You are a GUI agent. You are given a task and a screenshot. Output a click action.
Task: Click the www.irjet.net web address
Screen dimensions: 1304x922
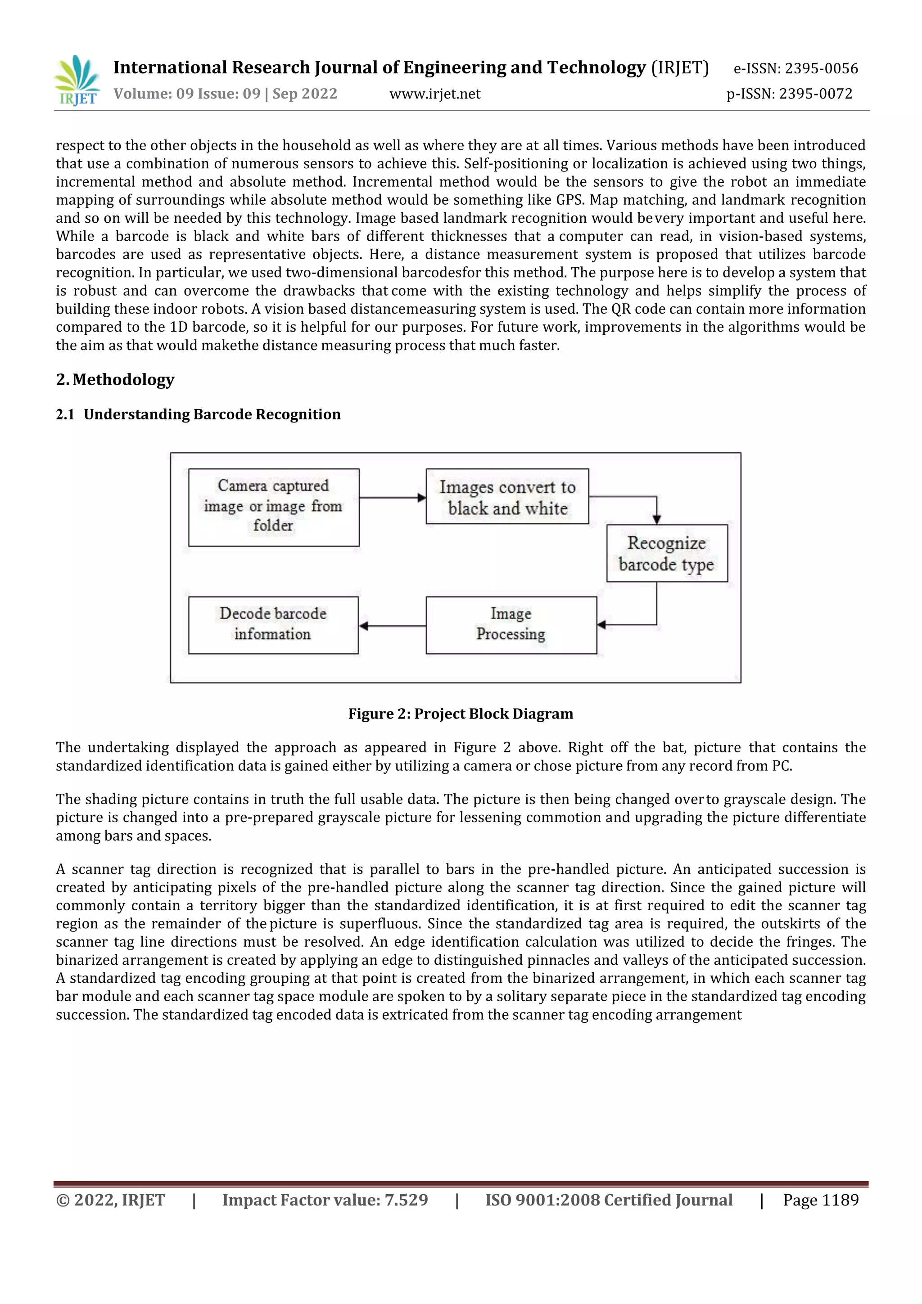coord(434,94)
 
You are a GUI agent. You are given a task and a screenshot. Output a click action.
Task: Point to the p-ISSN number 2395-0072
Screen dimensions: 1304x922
coord(816,94)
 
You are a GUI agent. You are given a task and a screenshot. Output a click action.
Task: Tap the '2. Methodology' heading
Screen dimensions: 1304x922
coord(115,379)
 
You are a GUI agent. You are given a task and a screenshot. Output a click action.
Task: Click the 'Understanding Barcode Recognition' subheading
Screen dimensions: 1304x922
coord(212,414)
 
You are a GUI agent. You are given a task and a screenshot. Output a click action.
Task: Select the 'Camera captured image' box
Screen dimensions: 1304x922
coord(274,507)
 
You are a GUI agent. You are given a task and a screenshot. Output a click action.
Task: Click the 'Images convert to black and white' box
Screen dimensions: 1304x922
coord(507,496)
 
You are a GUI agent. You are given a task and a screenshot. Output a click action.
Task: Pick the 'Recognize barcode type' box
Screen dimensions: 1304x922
coord(666,553)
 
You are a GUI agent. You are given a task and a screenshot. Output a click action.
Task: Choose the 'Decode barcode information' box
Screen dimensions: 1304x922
coord(273,625)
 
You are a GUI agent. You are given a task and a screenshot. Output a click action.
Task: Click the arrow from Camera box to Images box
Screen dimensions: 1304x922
coord(392,498)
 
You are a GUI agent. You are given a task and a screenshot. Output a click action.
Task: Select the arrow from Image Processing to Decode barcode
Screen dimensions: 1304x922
coord(392,626)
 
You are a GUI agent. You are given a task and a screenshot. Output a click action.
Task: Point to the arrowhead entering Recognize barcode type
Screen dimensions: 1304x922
coord(657,518)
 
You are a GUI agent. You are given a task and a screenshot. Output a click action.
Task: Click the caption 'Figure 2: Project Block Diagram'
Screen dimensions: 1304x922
coord(460,714)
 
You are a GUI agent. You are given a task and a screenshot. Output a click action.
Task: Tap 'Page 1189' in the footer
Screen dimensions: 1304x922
coord(820,1200)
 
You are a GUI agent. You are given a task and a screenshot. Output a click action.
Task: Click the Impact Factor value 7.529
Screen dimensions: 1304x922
coord(406,1200)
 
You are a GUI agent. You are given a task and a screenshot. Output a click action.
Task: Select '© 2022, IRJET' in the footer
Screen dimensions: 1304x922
coord(110,1200)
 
